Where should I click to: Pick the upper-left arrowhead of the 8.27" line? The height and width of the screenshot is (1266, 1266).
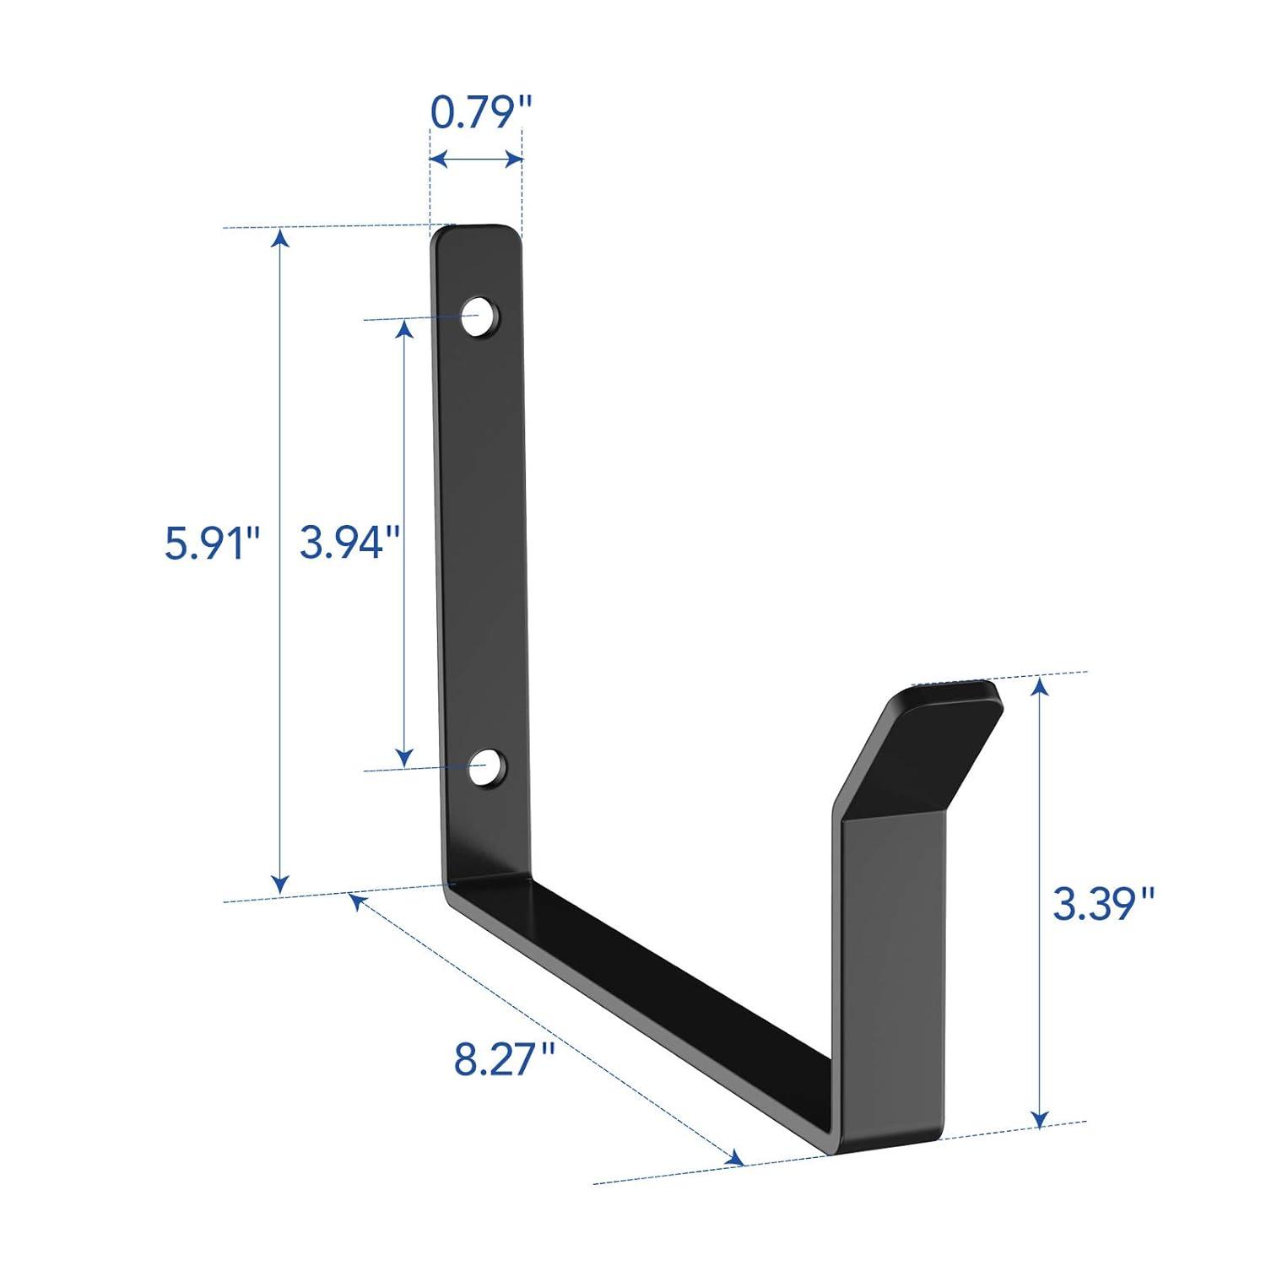tap(356, 901)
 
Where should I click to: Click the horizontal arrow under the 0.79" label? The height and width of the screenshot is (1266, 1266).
tap(475, 158)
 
